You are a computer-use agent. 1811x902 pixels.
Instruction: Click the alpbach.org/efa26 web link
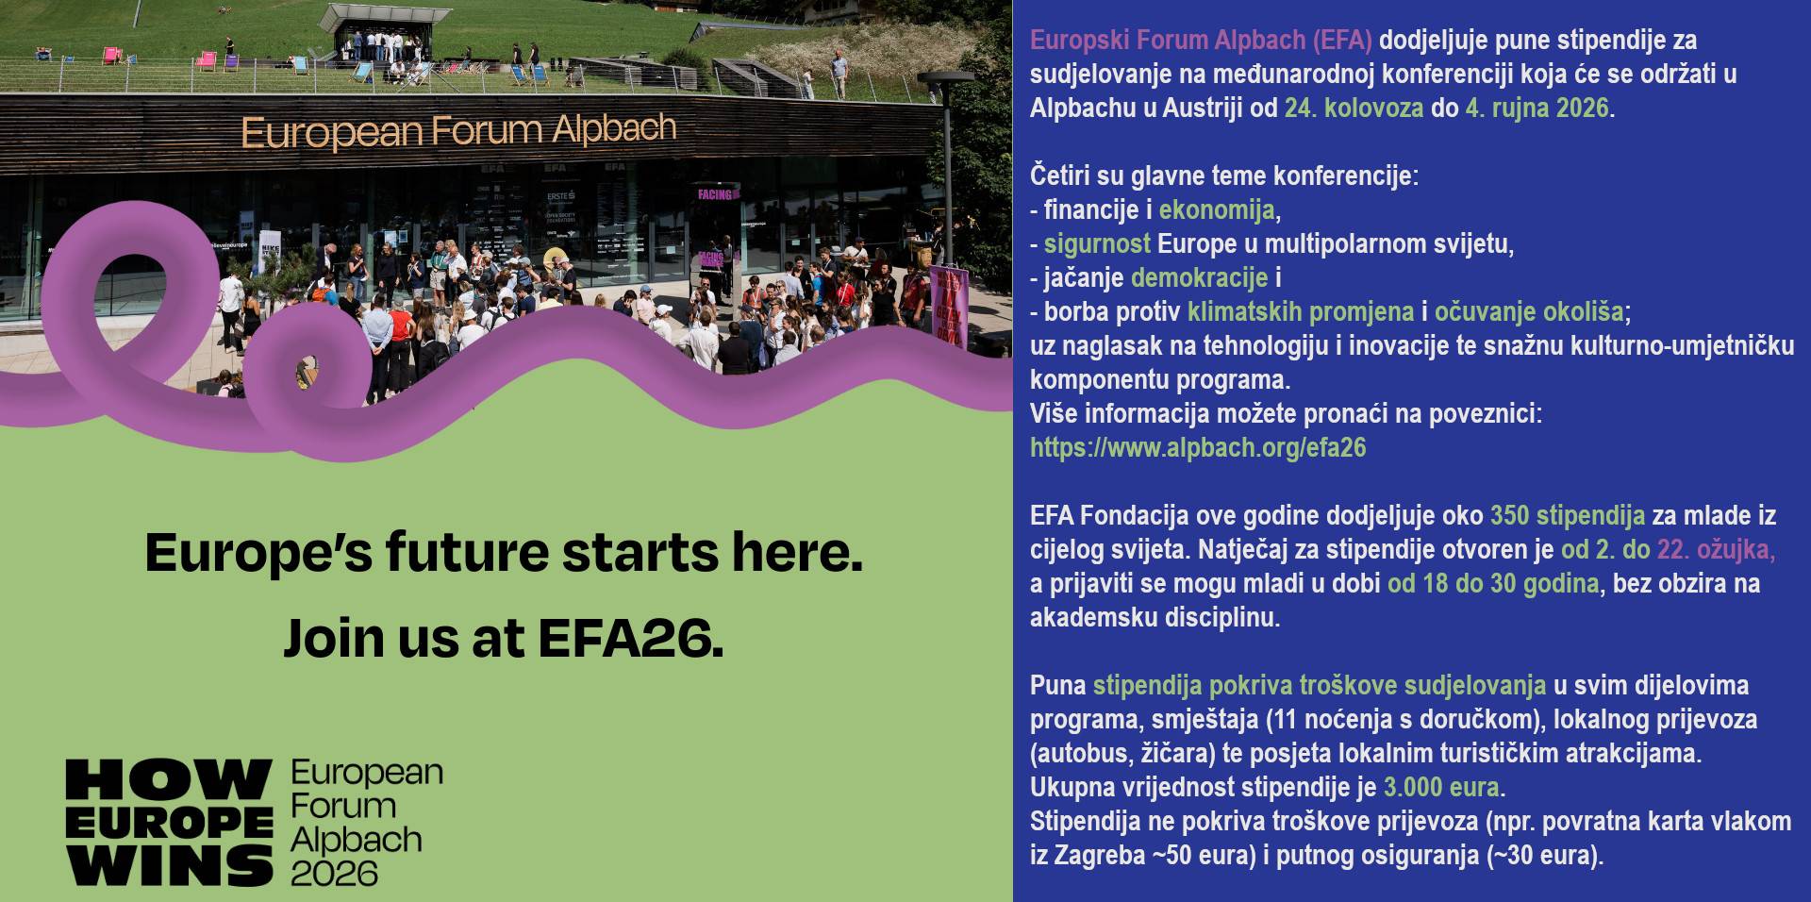pyautogui.click(x=1198, y=447)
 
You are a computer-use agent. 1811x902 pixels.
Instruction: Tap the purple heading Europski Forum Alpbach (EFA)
pyautogui.click(x=1201, y=41)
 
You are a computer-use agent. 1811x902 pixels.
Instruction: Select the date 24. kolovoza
pyautogui.click(x=1354, y=108)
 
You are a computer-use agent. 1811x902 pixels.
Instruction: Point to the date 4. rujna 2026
pyautogui.click(x=1537, y=108)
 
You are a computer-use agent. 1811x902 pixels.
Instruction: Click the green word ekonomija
pyautogui.click(x=1216, y=209)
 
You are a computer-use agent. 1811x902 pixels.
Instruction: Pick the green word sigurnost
pyautogui.click(x=1097, y=243)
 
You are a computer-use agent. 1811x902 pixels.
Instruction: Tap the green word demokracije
pyautogui.click(x=1200, y=277)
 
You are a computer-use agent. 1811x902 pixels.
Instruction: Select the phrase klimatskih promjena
pyautogui.click(x=1301, y=311)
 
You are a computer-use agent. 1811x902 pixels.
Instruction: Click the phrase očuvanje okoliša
pyautogui.click(x=1529, y=311)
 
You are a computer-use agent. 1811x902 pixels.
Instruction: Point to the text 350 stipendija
pyautogui.click(x=1568, y=515)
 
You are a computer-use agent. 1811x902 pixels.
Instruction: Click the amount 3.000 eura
pyautogui.click(x=1441, y=787)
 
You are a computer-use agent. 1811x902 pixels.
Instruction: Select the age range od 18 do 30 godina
pyautogui.click(x=1493, y=583)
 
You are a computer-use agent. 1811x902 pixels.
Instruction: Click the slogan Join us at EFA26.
pyautogui.click(x=504, y=639)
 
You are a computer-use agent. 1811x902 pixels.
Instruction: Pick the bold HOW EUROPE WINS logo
pyautogui.click(x=170, y=823)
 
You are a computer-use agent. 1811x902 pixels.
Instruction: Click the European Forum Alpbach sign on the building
pyautogui.click(x=459, y=131)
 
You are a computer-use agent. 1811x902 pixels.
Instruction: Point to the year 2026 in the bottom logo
pyautogui.click(x=334, y=873)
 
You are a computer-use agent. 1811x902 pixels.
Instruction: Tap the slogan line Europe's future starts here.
pyautogui.click(x=504, y=553)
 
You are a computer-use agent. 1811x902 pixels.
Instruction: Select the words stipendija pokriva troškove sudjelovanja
pyautogui.click(x=1320, y=685)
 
